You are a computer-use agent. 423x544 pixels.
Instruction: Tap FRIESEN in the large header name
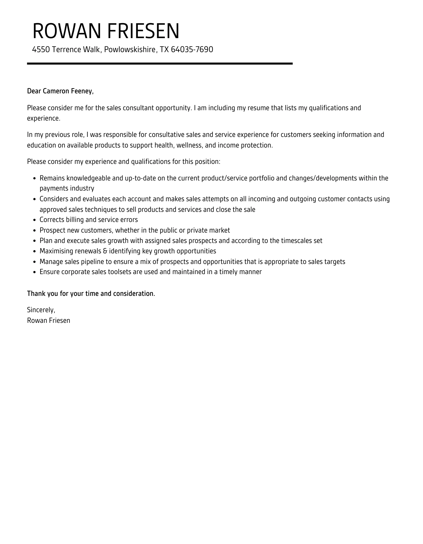coord(143,31)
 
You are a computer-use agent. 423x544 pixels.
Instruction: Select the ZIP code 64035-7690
coord(192,49)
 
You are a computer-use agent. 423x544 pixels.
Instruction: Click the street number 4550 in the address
coord(41,49)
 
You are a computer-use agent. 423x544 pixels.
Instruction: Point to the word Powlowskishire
coord(130,49)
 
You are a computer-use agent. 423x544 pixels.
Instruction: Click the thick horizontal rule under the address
coord(160,64)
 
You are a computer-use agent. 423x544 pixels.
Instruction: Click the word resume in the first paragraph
coord(258,108)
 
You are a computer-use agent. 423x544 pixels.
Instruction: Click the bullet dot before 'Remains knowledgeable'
coord(34,179)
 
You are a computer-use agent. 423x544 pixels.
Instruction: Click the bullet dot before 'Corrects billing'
coord(34,220)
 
